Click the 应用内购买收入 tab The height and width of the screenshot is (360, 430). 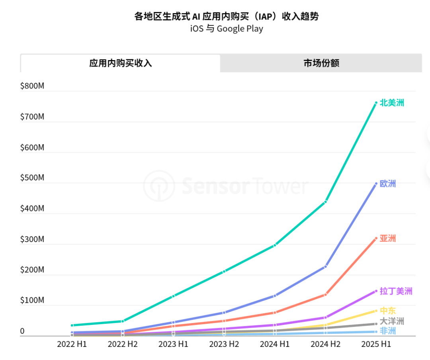pyautogui.click(x=120, y=63)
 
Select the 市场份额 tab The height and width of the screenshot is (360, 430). pyautogui.click(x=321, y=63)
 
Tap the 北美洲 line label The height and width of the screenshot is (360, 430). pyautogui.click(x=392, y=103)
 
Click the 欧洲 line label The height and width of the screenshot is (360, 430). pyautogui.click(x=388, y=184)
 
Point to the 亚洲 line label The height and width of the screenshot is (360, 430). pyautogui.click(x=388, y=239)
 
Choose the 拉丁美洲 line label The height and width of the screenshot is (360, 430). pyautogui.click(x=396, y=291)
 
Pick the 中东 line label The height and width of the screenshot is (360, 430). pyautogui.click(x=388, y=311)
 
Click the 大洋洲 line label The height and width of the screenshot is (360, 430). pyautogui.click(x=392, y=321)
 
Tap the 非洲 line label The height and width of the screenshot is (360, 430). pyautogui.click(x=388, y=331)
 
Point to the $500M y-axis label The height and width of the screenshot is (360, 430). pyautogui.click(x=32, y=178)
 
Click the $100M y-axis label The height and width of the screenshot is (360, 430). pyautogui.click(x=32, y=300)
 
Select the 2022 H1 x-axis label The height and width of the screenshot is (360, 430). pyautogui.click(x=72, y=344)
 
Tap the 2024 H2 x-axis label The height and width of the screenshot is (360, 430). pyautogui.click(x=325, y=344)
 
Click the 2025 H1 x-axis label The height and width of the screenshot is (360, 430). pyautogui.click(x=376, y=344)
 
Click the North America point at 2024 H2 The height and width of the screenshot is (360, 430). pyautogui.click(x=325, y=202)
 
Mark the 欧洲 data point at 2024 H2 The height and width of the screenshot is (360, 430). pyautogui.click(x=325, y=266)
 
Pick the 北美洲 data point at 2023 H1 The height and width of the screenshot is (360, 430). pyautogui.click(x=173, y=296)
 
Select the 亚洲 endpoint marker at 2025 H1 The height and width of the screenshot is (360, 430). pyautogui.click(x=376, y=239)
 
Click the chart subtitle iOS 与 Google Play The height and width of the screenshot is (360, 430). pyautogui.click(x=226, y=29)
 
